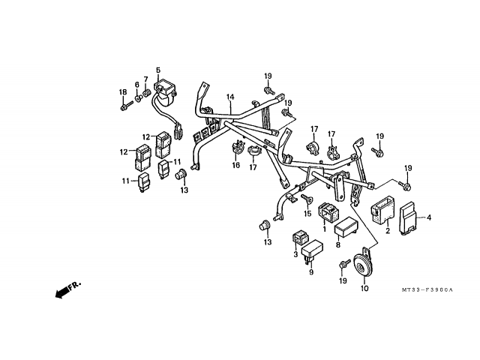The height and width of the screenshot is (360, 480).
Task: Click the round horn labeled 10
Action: point(363,265)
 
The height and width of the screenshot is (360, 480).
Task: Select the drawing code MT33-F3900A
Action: point(427,289)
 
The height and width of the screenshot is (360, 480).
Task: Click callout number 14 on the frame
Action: point(230,97)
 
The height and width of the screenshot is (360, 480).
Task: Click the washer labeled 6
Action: point(138,98)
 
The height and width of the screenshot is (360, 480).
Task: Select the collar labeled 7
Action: point(147,91)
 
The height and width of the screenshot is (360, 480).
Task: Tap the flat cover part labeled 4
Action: point(409,218)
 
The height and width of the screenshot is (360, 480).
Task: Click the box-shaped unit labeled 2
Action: point(382,209)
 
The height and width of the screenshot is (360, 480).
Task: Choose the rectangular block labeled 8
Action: point(345,227)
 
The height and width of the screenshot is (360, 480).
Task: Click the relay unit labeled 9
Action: point(312,250)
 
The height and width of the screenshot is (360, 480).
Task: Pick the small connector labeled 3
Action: point(300,238)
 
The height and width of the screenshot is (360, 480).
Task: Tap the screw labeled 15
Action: point(307,199)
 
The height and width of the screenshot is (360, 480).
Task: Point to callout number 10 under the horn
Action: point(364,288)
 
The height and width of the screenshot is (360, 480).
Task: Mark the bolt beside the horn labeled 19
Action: point(345,264)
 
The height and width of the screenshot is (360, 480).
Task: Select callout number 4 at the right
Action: point(429,217)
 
